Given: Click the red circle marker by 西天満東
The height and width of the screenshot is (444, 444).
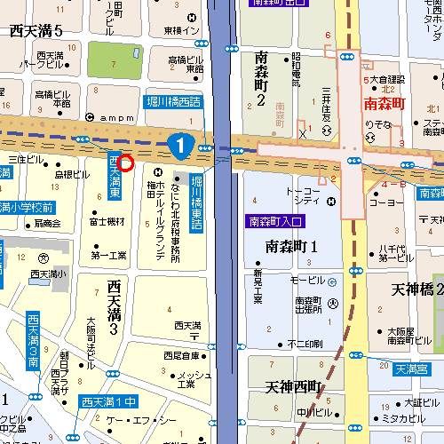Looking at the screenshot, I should pos(124,163).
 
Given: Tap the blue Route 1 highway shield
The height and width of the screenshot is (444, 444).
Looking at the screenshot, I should pos(180,142).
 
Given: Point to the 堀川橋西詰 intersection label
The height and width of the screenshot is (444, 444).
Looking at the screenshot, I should pos(174,103).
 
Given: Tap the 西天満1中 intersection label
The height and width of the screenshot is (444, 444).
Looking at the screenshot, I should pos(106,401).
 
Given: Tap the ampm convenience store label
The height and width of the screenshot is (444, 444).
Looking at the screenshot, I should pos(115,118).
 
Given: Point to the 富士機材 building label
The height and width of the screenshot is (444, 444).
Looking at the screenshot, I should pos(107,221).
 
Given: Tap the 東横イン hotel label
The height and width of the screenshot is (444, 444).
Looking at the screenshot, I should pos(182,31).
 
